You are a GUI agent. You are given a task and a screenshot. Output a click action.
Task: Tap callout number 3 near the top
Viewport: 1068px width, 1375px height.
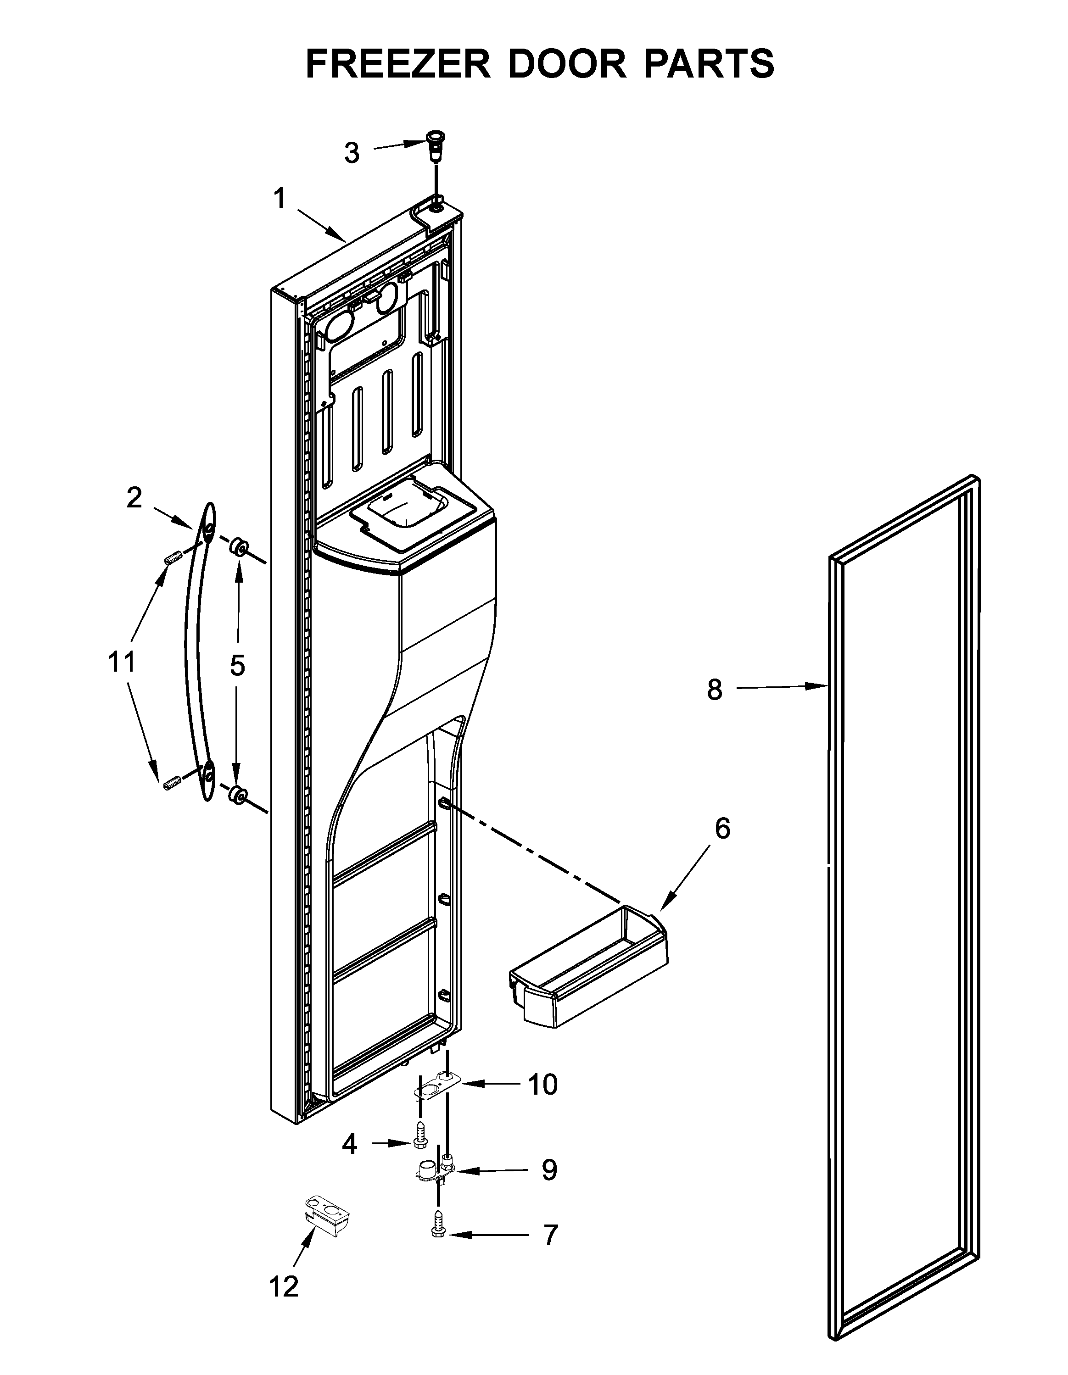point(352,153)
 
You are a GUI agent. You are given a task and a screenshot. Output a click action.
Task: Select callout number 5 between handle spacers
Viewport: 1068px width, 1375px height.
point(237,665)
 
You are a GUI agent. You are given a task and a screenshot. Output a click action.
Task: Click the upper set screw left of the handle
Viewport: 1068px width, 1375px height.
point(174,557)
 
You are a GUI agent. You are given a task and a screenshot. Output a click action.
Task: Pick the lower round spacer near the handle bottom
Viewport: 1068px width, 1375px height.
point(237,796)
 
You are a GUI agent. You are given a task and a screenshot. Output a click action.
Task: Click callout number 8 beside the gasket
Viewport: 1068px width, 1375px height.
point(714,690)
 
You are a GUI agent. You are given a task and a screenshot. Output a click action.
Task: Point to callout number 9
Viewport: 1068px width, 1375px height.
point(549,1170)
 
